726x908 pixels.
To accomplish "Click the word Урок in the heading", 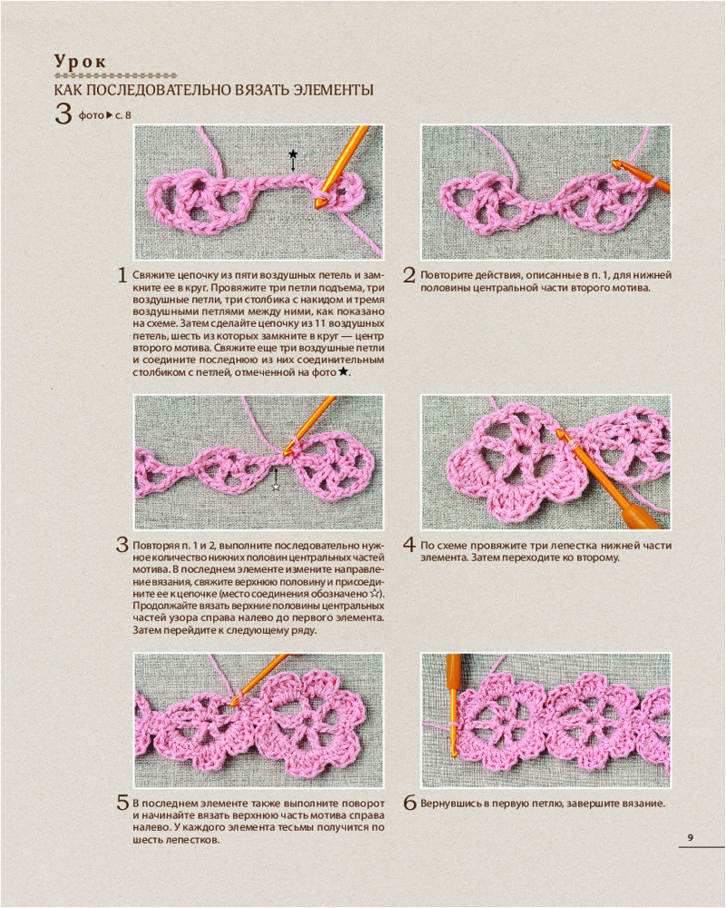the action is click(x=80, y=62).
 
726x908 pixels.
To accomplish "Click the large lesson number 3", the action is click(x=64, y=113).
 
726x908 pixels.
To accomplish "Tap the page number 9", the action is click(x=690, y=837).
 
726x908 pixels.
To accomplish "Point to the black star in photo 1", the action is click(x=293, y=154).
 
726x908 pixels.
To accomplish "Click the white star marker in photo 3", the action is click(x=276, y=487).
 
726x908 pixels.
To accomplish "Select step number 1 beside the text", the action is click(x=122, y=275).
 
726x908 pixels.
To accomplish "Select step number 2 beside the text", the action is click(x=409, y=275).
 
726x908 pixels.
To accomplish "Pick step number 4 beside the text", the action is click(x=409, y=545).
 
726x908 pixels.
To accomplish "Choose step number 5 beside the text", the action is click(x=123, y=804).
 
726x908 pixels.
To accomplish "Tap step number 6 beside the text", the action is click(x=410, y=804).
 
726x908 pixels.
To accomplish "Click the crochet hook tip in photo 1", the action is click(x=319, y=202).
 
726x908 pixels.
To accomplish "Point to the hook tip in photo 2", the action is click(x=616, y=164).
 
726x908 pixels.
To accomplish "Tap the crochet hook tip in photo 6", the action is click(x=454, y=753).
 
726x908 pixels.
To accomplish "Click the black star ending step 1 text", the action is click(x=343, y=371).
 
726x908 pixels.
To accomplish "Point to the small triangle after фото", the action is click(x=110, y=115).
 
